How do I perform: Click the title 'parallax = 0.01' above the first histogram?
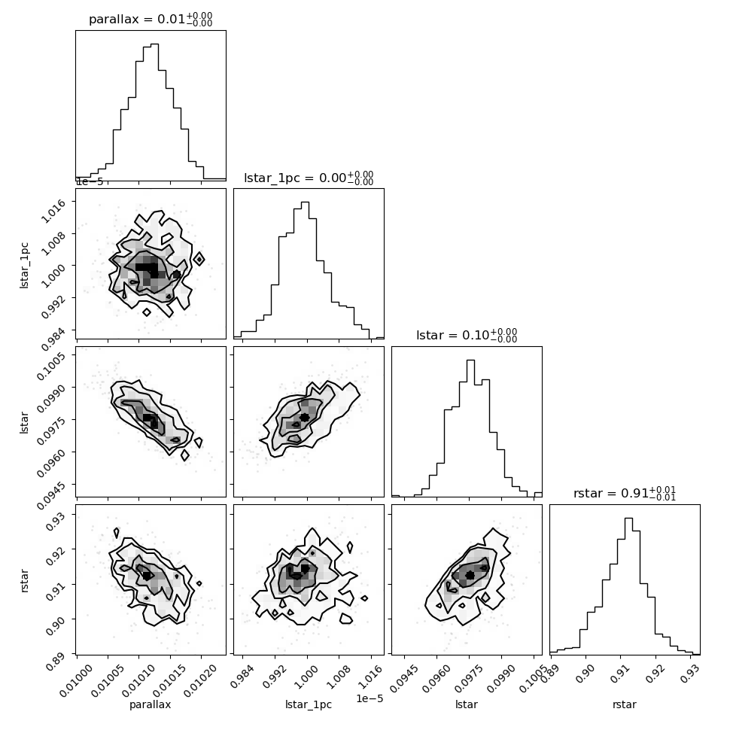pyautogui.click(x=151, y=19)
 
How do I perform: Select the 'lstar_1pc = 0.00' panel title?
pyautogui.click(x=309, y=178)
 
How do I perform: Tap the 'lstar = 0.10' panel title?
pyautogui.click(x=467, y=336)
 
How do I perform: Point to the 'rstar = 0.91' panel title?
pyautogui.click(x=625, y=494)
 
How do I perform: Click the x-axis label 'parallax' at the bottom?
pyautogui.click(x=151, y=704)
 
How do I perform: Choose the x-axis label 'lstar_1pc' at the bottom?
pyautogui.click(x=309, y=704)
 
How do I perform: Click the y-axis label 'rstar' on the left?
pyautogui.click(x=24, y=579)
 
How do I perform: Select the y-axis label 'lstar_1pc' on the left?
pyautogui.click(x=24, y=264)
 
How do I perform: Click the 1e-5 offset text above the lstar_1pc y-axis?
pyautogui.click(x=90, y=181)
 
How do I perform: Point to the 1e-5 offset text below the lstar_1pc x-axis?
pyautogui.click(x=370, y=698)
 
